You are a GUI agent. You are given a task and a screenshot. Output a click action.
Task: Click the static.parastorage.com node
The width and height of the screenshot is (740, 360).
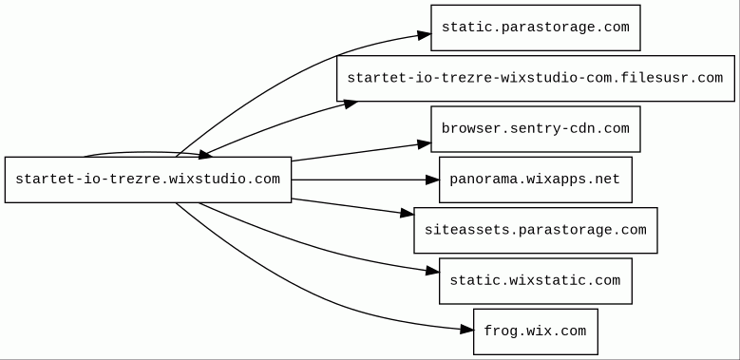point(536,28)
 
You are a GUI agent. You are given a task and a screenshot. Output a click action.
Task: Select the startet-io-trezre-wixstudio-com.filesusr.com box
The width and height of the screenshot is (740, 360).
point(536,78)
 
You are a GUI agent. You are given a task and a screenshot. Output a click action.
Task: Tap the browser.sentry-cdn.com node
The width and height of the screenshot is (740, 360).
point(536,129)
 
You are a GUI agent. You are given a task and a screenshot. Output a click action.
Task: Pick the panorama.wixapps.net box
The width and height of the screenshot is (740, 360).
point(536,180)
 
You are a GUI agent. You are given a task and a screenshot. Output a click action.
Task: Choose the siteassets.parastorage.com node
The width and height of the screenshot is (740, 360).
point(536,230)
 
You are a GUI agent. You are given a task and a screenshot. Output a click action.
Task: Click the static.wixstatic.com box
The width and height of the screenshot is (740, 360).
point(536,281)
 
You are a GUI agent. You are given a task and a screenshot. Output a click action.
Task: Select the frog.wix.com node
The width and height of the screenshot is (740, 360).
point(536,332)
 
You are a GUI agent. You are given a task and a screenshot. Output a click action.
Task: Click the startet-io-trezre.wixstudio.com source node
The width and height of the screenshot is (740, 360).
point(148,180)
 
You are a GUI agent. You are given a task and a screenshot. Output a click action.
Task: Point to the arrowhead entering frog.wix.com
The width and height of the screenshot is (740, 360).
point(466,330)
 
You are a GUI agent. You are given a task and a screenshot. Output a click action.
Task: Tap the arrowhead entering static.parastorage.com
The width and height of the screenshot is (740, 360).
point(424,35)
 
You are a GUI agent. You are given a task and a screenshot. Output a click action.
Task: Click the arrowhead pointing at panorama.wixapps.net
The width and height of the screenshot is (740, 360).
point(432,180)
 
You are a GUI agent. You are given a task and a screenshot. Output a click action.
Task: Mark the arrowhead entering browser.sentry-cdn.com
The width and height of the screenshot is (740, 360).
point(425,144)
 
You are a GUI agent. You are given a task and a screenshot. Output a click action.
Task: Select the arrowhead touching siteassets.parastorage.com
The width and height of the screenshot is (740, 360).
point(408,214)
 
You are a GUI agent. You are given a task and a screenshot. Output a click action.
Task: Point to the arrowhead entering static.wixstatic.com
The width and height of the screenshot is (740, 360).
point(432,271)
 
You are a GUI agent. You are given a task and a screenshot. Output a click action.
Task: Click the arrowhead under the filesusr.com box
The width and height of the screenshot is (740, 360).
point(351,104)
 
